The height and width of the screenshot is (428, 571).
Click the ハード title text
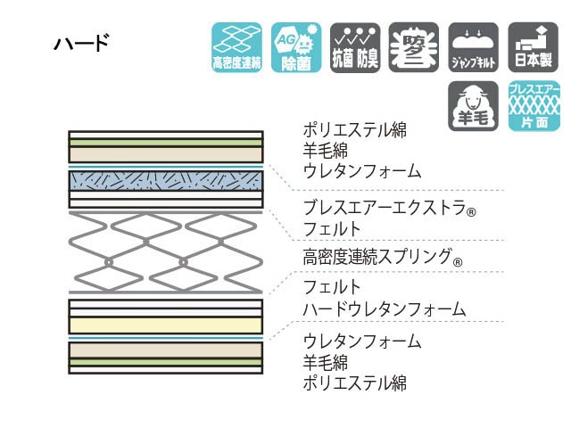[x=81, y=43]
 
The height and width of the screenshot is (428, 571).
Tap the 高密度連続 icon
[x=236, y=47]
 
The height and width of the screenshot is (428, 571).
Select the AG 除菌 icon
[x=295, y=47]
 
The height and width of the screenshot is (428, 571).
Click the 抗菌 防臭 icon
[x=354, y=47]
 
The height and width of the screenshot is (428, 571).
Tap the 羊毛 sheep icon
[x=472, y=106]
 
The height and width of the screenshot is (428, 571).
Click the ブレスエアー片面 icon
[x=534, y=106]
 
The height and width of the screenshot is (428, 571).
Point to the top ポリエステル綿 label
[x=354, y=129]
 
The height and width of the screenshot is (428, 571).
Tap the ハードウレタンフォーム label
[x=384, y=309]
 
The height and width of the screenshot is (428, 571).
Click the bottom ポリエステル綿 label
[x=354, y=383]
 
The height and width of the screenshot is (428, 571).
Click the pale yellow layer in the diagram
[x=166, y=325]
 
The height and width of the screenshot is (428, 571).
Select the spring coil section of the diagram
[x=166, y=252]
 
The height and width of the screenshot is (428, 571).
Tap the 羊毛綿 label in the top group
[x=324, y=150]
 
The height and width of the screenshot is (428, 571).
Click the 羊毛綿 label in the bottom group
[x=324, y=363]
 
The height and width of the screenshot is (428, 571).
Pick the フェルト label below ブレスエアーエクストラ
[x=332, y=230]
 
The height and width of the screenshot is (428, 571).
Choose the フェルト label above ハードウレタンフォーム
[x=332, y=288]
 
